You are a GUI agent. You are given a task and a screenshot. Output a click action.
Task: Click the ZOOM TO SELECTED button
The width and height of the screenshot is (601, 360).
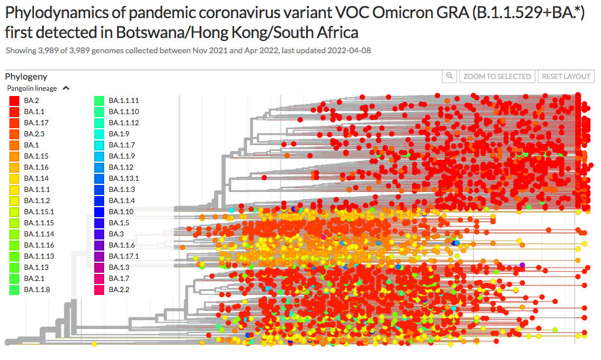pos(497,77)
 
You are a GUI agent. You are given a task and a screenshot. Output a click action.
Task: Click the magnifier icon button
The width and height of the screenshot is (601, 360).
pos(449,76)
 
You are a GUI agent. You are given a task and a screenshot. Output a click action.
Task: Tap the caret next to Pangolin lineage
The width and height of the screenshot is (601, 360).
pos(66,88)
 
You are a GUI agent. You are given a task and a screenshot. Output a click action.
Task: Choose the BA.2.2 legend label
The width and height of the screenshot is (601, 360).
pos(119,289)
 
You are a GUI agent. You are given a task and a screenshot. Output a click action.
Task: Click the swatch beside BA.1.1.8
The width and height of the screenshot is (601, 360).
pos(13,289)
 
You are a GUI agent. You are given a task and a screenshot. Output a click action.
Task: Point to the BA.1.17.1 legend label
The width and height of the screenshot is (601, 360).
pos(123,256)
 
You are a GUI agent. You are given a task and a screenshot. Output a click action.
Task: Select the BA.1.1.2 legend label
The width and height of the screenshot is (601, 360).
pos(37,200)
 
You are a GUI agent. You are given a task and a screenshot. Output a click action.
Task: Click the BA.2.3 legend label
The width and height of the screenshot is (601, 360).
pos(34,133)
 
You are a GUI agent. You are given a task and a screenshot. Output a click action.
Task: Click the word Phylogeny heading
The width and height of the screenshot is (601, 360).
pos(26,77)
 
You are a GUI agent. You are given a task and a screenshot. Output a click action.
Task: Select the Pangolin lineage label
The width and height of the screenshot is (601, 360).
pos(32,88)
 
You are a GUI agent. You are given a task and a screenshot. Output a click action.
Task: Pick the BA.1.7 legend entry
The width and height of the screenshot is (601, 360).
pos(119,278)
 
